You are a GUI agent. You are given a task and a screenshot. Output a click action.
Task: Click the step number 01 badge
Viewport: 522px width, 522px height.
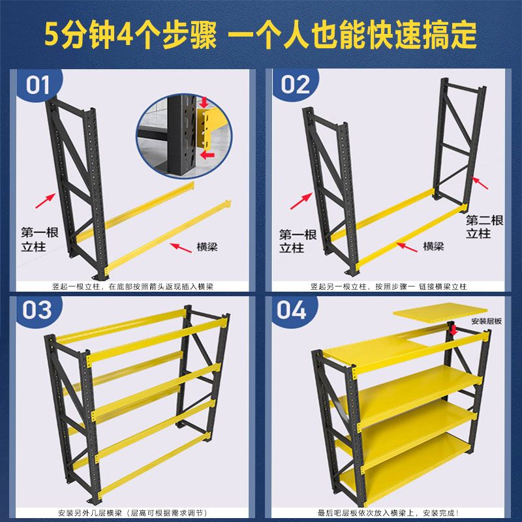(x=38, y=85)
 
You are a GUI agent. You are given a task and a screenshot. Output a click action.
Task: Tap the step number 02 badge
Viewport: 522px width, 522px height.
(x=296, y=84)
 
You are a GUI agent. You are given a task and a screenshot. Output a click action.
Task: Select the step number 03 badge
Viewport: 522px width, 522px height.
(x=37, y=311)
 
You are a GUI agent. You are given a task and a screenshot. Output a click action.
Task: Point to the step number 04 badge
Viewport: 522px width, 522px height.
(x=292, y=311)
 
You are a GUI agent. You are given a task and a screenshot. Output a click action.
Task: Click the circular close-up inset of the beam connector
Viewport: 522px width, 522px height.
(x=184, y=136)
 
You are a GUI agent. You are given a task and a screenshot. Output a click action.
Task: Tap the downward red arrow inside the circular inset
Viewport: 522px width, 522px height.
(x=204, y=102)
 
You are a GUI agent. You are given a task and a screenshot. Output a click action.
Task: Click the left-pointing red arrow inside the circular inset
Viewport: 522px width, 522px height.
(x=207, y=155)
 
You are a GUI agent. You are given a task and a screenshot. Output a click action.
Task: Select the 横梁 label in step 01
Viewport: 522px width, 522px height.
(x=207, y=247)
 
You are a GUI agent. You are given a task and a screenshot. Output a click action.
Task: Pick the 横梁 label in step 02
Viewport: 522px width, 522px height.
(x=433, y=246)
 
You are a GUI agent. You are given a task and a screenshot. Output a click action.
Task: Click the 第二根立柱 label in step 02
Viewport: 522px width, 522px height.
(x=484, y=226)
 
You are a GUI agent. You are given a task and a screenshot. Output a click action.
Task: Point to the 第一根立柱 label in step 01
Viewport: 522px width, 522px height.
(x=40, y=239)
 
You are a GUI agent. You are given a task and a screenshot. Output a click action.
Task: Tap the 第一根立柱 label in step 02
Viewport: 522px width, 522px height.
(x=298, y=241)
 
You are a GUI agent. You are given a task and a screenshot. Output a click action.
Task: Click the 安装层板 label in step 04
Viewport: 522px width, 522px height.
(x=486, y=321)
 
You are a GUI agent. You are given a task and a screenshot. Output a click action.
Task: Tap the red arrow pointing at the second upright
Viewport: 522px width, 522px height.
(x=480, y=183)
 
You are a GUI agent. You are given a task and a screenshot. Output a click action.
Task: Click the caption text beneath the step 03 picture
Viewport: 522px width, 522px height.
(x=132, y=513)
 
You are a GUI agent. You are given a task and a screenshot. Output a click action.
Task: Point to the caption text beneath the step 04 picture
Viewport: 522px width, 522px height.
(x=388, y=513)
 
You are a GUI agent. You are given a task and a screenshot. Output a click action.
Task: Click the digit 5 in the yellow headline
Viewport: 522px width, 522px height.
(x=52, y=35)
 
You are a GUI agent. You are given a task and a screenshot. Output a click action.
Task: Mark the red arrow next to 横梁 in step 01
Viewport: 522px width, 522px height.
(x=181, y=248)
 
